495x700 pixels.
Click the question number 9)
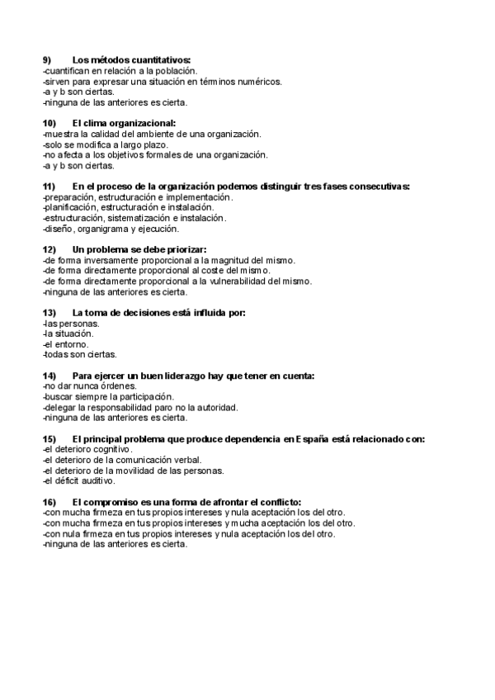[47, 60]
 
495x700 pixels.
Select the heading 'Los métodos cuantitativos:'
[131, 60]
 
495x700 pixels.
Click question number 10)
[49, 124]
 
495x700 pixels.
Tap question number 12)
[49, 250]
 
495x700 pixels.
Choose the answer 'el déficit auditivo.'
[79, 481]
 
